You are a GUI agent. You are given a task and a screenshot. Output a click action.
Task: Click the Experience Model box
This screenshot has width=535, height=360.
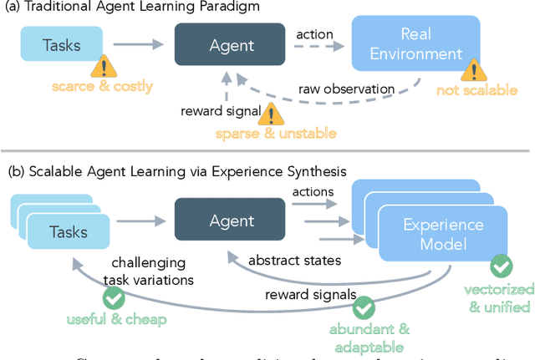pyautogui.click(x=443, y=235)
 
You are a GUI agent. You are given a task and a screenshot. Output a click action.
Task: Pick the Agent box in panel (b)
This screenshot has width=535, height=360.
pyautogui.click(x=232, y=221)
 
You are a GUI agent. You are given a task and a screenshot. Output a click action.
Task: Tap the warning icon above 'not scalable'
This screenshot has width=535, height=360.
pyautogui.click(x=474, y=70)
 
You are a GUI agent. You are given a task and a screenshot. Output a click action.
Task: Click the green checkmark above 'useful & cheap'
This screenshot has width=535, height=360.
pyautogui.click(x=111, y=299)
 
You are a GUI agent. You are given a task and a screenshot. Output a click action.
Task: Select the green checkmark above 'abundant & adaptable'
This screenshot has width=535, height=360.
pyautogui.click(x=363, y=307)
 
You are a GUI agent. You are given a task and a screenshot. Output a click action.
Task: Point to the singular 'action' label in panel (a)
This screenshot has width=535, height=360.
pyautogui.click(x=315, y=35)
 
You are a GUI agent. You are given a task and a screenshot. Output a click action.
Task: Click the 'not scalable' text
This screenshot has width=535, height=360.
pyautogui.click(x=477, y=90)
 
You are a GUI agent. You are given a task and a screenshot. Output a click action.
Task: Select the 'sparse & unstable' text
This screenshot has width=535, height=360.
pyautogui.click(x=264, y=133)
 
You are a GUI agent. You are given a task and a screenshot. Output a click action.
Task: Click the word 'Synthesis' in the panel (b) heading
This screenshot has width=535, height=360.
pyautogui.click(x=337, y=173)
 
